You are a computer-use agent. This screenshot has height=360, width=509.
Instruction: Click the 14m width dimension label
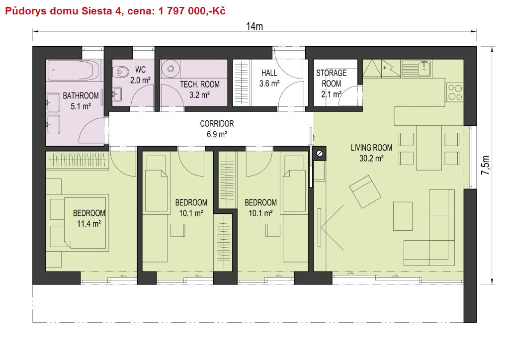click(x=254, y=26)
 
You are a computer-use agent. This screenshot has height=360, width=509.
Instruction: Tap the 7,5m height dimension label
click(x=486, y=165)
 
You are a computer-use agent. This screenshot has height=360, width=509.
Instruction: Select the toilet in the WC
click(x=122, y=71)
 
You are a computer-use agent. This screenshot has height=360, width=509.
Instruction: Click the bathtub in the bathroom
click(x=74, y=70)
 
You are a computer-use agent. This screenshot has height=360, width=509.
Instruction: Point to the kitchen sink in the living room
click(x=417, y=69)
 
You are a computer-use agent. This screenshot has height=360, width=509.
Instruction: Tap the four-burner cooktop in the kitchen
click(x=455, y=92)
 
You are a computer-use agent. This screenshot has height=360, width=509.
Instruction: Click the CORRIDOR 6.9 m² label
click(x=217, y=129)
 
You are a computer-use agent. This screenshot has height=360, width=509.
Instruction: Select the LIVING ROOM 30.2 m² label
click(x=371, y=153)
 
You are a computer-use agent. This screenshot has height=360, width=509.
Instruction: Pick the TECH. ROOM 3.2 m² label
click(x=200, y=90)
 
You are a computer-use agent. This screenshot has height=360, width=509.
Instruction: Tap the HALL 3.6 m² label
click(x=269, y=78)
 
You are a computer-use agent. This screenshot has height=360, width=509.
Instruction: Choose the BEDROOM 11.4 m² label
click(x=89, y=218)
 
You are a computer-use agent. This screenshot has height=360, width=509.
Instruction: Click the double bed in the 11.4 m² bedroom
click(x=86, y=223)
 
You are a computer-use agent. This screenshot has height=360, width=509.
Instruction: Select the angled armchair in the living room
click(x=365, y=191)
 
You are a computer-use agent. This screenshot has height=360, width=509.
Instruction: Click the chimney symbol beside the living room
click(x=320, y=153)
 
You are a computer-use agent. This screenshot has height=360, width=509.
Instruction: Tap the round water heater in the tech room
click(x=170, y=69)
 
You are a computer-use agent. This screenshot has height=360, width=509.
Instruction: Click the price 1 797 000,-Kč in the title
click(x=192, y=11)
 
